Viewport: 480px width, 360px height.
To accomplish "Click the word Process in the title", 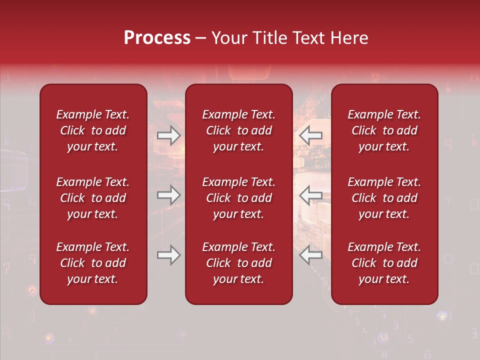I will (157, 38).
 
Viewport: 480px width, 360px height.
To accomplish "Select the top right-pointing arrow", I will (169, 135).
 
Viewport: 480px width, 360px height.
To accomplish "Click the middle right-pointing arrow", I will (169, 195).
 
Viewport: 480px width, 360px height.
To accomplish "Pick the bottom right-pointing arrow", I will (169, 255).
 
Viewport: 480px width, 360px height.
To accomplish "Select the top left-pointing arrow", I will (310, 135).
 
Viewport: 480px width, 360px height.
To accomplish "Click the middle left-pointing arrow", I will (310, 195).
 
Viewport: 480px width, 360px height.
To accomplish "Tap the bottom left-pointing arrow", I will (310, 255).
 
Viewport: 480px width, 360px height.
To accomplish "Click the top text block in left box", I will (93, 130).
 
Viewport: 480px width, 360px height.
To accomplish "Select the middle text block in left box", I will (93, 198).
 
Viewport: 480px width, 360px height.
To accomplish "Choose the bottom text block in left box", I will (93, 263).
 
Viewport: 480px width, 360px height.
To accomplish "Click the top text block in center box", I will (238, 130).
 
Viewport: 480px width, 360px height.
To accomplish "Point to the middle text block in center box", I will (238, 198).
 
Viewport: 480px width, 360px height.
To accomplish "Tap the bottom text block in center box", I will (238, 263).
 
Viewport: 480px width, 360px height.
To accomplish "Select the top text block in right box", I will (384, 130).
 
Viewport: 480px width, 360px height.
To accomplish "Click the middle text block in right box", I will (384, 198).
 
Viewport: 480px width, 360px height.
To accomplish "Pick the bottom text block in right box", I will (384, 263).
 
